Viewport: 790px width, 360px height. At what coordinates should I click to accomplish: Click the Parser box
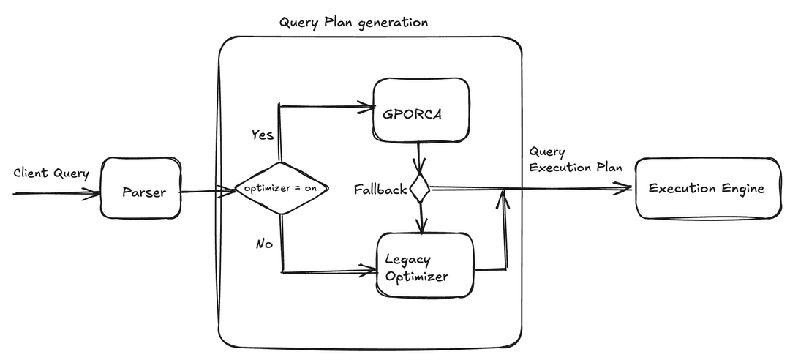pyautogui.click(x=140, y=187)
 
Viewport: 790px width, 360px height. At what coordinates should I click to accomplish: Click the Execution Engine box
pyautogui.click(x=707, y=189)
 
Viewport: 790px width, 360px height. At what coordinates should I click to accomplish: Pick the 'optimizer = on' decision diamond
pyautogui.click(x=280, y=189)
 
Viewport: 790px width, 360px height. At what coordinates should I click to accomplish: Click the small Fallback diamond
pyautogui.click(x=419, y=189)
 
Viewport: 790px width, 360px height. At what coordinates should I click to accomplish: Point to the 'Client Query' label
pyautogui.click(x=50, y=173)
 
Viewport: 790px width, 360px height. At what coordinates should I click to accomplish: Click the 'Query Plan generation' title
pyautogui.click(x=353, y=22)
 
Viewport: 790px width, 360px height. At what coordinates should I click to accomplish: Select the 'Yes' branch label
pyautogui.click(x=263, y=135)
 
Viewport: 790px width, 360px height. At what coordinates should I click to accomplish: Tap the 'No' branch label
pyautogui.click(x=264, y=244)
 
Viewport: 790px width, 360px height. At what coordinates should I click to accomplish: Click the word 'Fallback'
pyautogui.click(x=380, y=190)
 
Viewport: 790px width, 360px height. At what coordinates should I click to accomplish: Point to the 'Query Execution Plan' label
pyautogui.click(x=575, y=159)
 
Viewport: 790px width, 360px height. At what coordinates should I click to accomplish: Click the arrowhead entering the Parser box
pyautogui.click(x=93, y=193)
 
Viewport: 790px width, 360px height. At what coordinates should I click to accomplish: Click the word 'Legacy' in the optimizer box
pyautogui.click(x=407, y=260)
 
